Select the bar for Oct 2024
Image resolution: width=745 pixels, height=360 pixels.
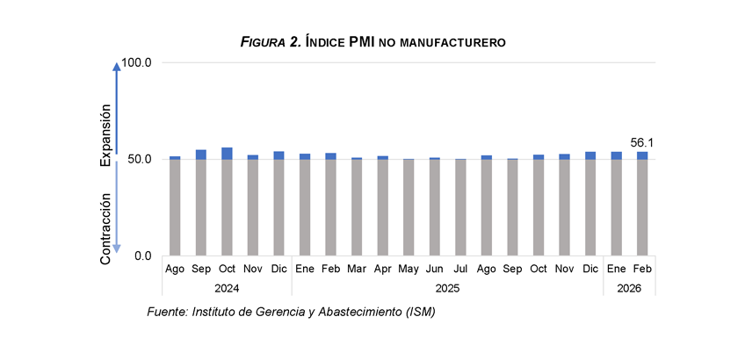227,202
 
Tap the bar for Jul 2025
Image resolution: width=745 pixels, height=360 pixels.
459,207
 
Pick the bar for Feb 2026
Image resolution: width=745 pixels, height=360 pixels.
641,204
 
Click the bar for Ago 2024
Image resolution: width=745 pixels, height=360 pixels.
175,206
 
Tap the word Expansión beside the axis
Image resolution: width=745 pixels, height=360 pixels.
105,134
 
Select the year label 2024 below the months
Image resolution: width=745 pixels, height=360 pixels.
227,287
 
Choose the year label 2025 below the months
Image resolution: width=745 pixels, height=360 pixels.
447,287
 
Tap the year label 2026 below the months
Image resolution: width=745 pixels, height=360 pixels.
629,287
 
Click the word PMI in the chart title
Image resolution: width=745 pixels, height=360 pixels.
363,41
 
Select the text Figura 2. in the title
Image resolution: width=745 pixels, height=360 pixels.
271,41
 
